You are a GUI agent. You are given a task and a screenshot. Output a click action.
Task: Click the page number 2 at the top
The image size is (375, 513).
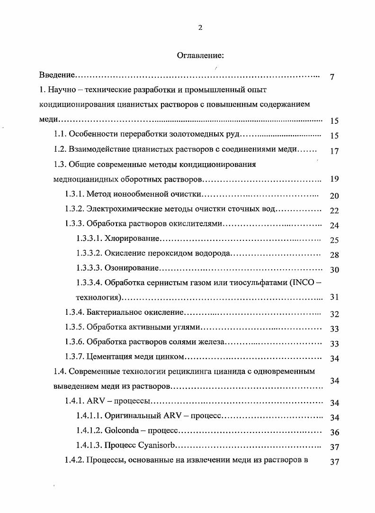pos(200,27)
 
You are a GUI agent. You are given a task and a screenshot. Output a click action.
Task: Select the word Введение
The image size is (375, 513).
pos(57,75)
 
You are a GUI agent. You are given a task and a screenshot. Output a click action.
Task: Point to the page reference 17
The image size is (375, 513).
pos(334,151)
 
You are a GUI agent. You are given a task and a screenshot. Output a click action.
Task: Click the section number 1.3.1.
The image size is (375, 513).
pos(74,194)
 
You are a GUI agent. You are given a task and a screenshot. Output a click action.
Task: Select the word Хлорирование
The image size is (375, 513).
pos(132,239)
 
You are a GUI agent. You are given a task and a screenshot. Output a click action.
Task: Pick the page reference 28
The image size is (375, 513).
pos(334,255)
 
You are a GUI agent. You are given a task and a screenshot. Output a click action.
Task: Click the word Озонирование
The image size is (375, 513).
pos(131,268)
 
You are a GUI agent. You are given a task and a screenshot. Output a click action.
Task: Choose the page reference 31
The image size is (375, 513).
pos(334,298)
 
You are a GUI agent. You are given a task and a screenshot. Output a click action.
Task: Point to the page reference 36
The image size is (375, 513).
pos(334,432)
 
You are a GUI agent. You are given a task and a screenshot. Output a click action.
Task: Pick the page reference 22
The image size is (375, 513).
pos(334,211)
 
